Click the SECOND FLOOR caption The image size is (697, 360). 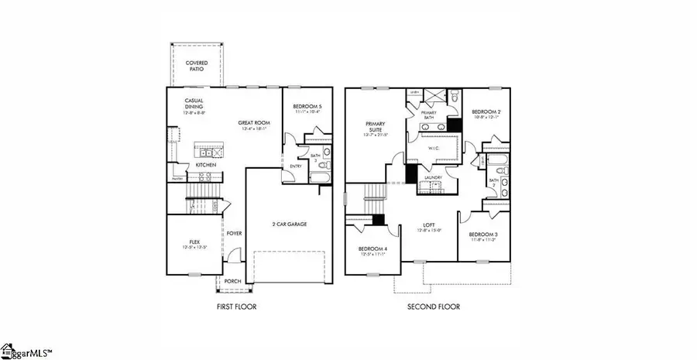click(x=434, y=307)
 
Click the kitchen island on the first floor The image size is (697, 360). click(x=208, y=148)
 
